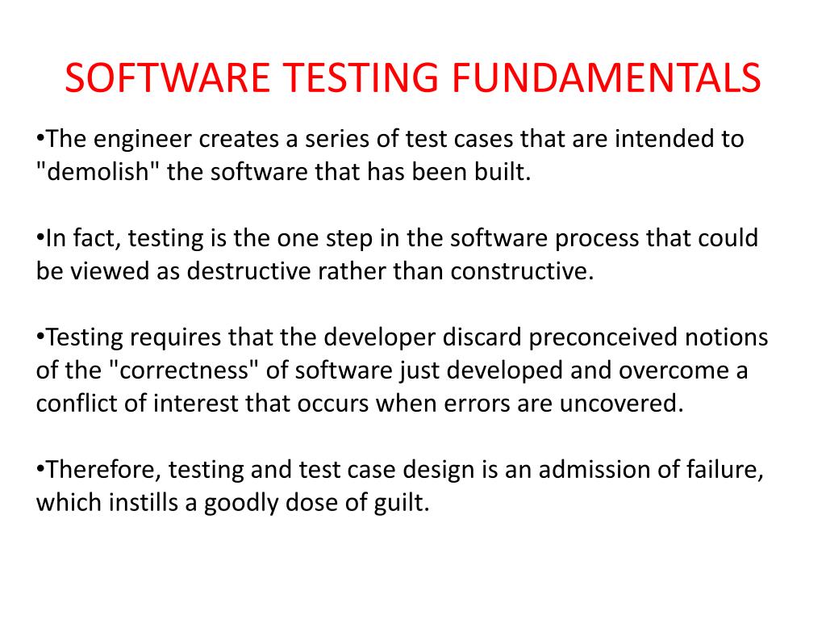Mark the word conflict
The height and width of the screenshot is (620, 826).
[74, 404]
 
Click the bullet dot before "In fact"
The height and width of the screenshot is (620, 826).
[41, 238]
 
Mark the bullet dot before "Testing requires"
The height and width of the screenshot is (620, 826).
[41, 337]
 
